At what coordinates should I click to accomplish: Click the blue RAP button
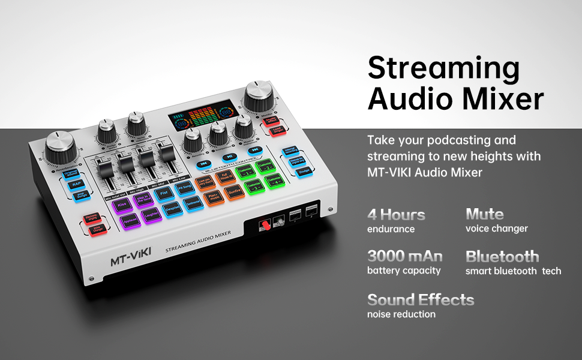coord(77,185)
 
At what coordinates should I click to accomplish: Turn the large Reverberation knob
coord(59,147)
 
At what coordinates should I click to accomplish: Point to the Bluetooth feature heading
coord(502,256)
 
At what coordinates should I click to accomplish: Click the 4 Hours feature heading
coord(396,214)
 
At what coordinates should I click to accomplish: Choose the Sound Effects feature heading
coord(420,299)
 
